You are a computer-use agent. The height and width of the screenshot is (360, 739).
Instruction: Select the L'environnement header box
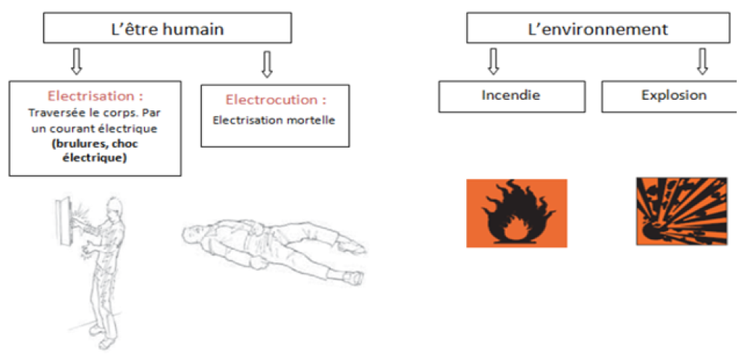pyautogui.click(x=597, y=29)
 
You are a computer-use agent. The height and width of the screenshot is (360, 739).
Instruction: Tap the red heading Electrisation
pyautogui.click(x=95, y=96)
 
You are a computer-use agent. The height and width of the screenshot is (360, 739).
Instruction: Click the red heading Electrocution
pyautogui.click(x=276, y=99)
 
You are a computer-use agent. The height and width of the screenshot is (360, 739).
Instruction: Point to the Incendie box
pyautogui.click(x=510, y=95)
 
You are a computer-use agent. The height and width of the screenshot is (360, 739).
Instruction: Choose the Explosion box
pyautogui.click(x=673, y=95)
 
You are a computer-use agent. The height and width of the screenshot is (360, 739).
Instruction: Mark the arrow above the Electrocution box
pyautogui.click(x=267, y=64)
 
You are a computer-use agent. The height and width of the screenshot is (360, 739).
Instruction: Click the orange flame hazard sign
pyautogui.click(x=516, y=212)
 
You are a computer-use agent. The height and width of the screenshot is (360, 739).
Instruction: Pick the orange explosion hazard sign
pyautogui.click(x=681, y=211)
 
